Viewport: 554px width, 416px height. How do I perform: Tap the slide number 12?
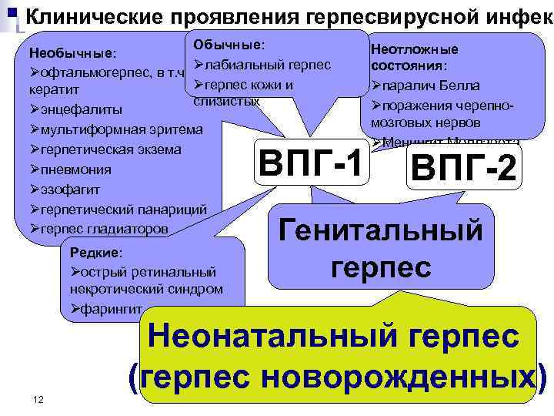pos(38,398)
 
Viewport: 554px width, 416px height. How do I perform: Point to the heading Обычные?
pos(229,45)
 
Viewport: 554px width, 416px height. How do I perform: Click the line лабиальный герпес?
pos(266,65)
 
